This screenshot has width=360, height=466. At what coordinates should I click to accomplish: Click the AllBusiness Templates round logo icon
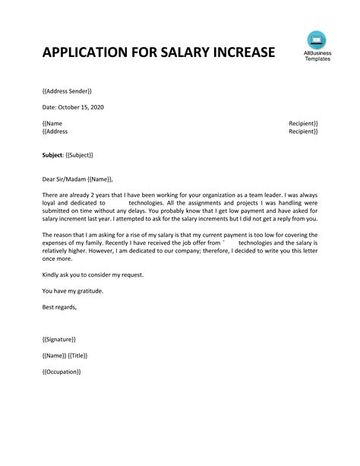click(317, 38)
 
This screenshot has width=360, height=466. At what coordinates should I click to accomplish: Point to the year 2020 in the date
click(96, 106)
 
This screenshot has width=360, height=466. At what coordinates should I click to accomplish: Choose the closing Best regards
click(60, 306)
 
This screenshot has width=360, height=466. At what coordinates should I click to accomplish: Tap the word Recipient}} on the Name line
click(303, 122)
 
